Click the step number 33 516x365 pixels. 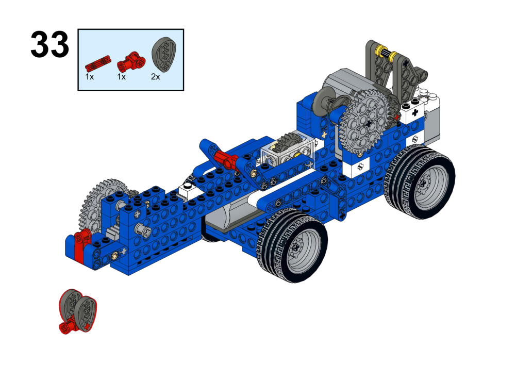[x=49, y=44]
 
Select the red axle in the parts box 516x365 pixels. [x=98, y=63]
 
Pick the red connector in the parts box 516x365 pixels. [x=131, y=61]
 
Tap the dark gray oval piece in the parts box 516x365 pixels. [x=164, y=54]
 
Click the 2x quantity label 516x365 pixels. [x=155, y=77]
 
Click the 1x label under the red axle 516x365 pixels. [x=90, y=77]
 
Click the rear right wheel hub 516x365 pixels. [x=428, y=185]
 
